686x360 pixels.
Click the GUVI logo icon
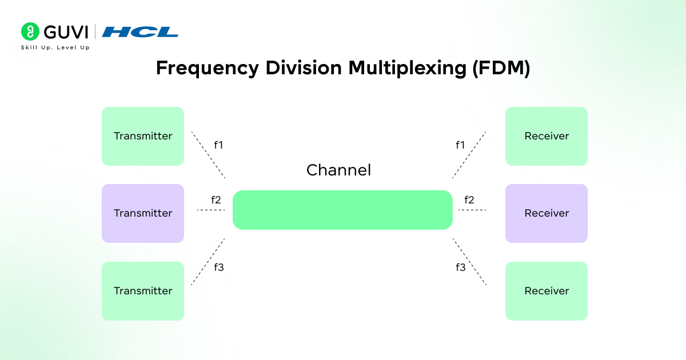point(30,31)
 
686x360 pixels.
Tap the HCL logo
point(140,32)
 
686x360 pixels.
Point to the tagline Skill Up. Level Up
point(55,47)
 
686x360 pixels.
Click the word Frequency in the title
point(206,68)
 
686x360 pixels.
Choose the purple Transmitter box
point(143,213)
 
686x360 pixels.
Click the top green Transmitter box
point(143,136)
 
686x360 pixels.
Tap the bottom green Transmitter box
point(143,291)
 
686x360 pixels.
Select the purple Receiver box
point(547,213)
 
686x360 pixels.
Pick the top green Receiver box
point(547,136)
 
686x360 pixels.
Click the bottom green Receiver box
point(547,291)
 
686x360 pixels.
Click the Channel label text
point(338,170)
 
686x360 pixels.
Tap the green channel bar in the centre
point(342,210)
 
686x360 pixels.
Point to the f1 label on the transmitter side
point(218,145)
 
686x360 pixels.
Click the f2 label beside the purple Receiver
point(469,200)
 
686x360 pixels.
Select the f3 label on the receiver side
point(461,267)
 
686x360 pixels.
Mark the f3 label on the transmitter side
point(218,267)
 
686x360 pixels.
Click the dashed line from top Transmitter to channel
point(208,154)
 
